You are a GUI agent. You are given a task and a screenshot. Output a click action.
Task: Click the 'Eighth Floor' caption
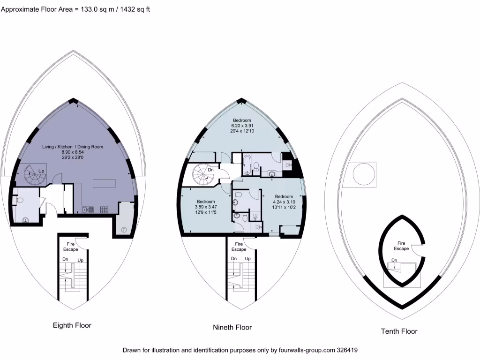[x=72, y=325]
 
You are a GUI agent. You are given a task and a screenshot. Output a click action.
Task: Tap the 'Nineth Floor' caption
[x=232, y=327]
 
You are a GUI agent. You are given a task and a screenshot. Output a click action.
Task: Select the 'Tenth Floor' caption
[x=398, y=331]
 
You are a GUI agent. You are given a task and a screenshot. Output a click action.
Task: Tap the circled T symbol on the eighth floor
[x=124, y=229]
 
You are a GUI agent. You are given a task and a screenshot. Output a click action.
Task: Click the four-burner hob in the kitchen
[x=103, y=210]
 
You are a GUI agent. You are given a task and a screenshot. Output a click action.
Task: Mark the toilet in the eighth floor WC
[x=19, y=200]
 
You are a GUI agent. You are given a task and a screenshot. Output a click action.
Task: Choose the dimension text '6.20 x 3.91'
[x=242, y=126]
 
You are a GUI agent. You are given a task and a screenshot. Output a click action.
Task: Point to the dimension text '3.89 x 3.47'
[x=206, y=207]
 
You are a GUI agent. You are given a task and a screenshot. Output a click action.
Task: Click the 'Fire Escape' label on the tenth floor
[x=401, y=246]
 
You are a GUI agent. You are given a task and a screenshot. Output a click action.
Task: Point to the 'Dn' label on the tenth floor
[x=394, y=260]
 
